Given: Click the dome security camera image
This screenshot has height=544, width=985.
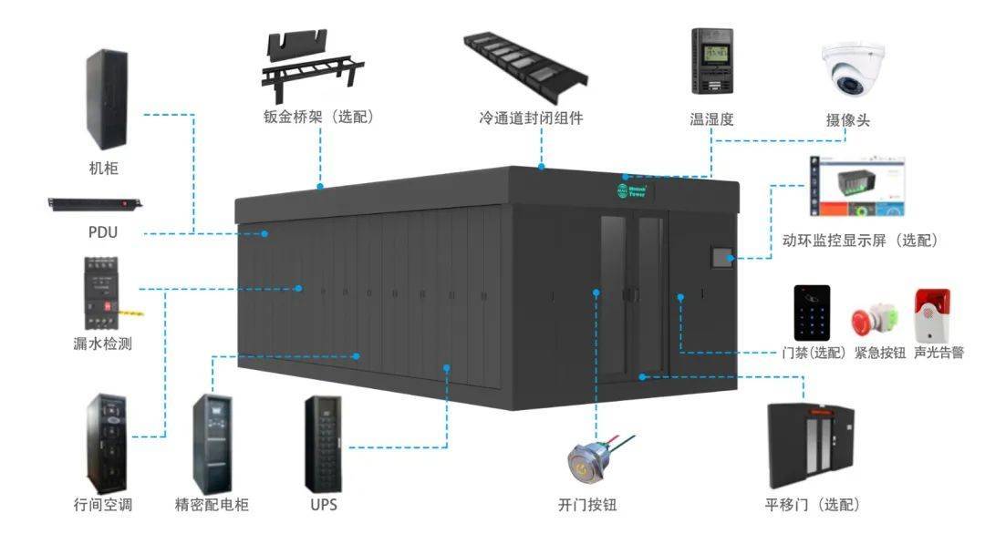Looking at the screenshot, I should point(855,70).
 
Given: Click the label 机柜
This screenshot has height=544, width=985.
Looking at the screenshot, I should point(103,168).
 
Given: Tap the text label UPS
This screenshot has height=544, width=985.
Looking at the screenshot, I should point(323,504).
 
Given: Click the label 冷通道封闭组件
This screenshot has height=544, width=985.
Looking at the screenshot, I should point(531,118).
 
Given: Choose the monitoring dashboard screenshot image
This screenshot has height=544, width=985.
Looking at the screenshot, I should point(857,190).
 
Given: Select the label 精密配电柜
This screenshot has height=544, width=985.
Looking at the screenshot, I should point(212,504).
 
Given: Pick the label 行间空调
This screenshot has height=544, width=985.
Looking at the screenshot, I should point(103,504).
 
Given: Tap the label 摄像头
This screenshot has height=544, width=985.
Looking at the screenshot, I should point(847,119).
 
